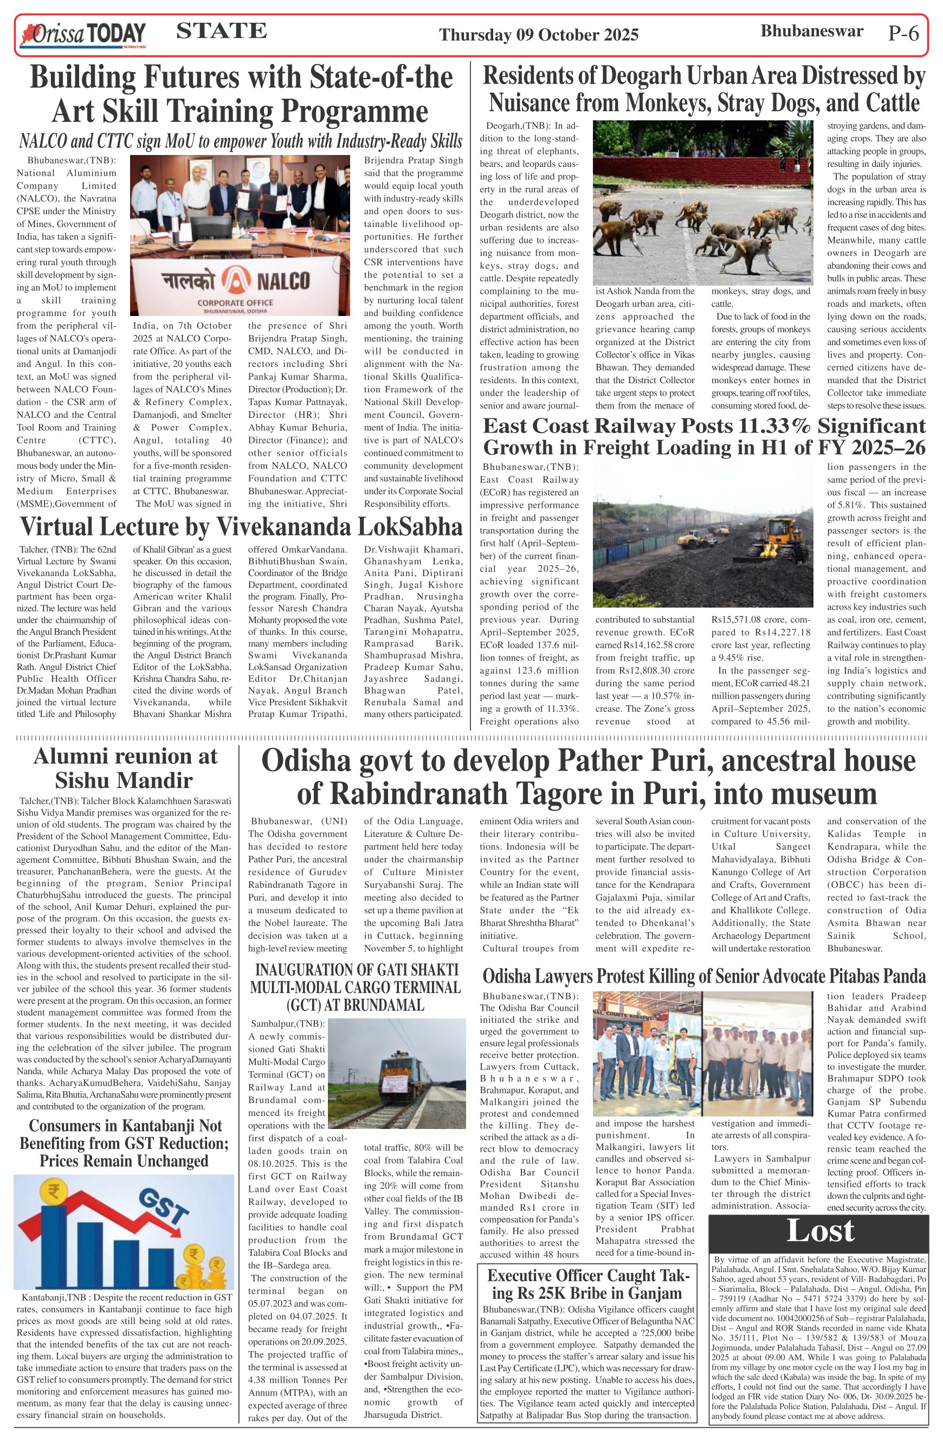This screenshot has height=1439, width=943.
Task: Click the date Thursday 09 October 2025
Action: pyautogui.click(x=539, y=35)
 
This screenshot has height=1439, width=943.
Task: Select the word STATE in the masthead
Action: pyautogui.click(x=221, y=31)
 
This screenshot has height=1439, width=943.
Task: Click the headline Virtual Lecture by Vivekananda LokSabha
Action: pyautogui.click(x=241, y=527)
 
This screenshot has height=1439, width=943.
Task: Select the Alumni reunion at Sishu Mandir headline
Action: pyautogui.click(x=125, y=769)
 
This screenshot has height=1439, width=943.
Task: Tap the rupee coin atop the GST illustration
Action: pyautogui.click(x=53, y=1193)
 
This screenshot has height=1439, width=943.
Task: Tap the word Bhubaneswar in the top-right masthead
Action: pyautogui.click(x=811, y=31)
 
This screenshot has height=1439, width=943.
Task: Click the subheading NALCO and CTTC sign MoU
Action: pyautogui.click(x=241, y=141)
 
